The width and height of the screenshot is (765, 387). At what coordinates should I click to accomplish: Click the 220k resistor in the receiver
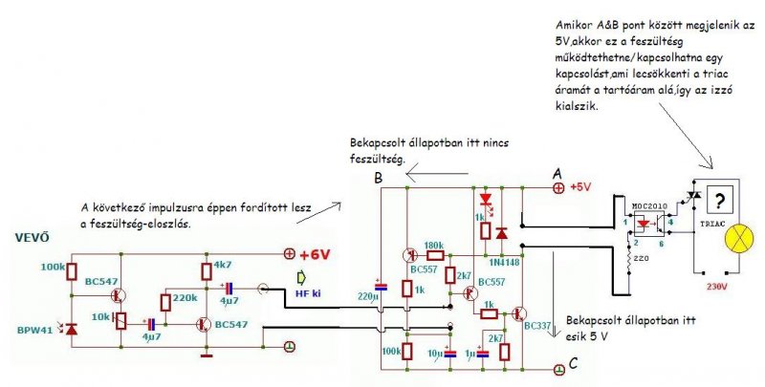click(x=165, y=303)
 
